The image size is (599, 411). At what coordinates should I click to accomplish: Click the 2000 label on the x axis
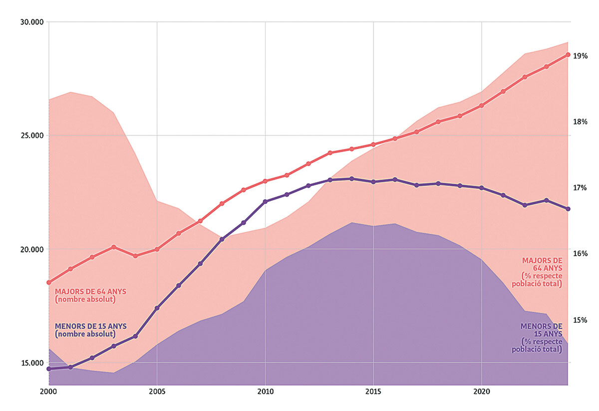49,392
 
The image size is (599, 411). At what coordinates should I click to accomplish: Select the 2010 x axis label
265,392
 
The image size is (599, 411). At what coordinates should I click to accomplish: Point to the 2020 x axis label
481,392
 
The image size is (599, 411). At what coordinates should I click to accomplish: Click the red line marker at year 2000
49,282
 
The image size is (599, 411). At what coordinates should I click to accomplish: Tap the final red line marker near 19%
568,55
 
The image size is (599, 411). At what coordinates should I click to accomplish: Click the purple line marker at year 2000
49,369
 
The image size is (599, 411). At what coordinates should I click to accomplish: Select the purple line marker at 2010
265,202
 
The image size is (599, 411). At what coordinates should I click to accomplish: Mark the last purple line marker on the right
568,209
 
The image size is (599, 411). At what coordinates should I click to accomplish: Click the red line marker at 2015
373,144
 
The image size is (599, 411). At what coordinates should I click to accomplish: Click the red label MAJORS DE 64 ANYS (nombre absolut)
90,295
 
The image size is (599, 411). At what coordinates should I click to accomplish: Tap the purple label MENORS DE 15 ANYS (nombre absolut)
90,330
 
